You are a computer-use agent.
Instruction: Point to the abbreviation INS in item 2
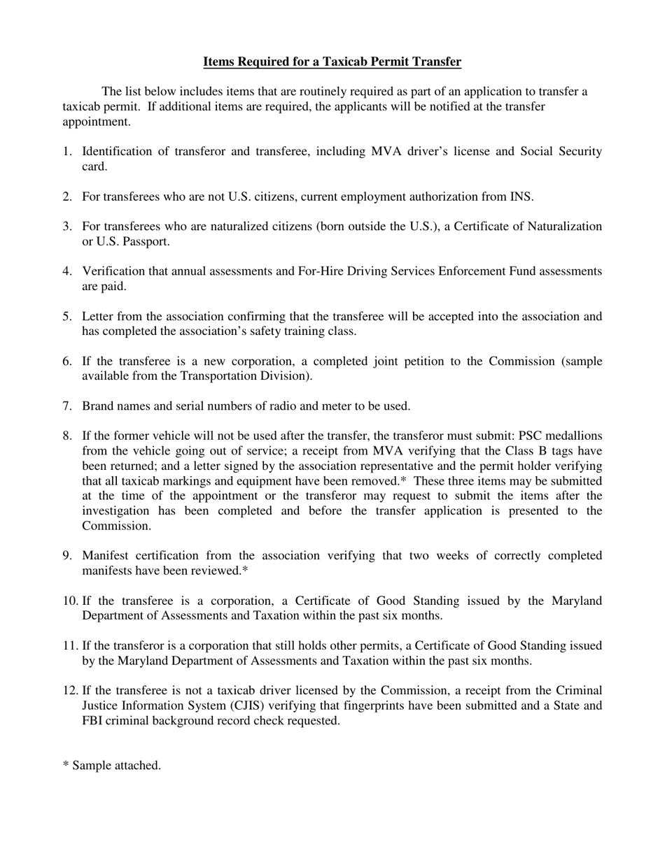(x=521, y=196)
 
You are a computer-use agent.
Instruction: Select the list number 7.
(x=67, y=406)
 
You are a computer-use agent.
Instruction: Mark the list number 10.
(x=70, y=601)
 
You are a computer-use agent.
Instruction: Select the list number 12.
(x=70, y=691)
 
